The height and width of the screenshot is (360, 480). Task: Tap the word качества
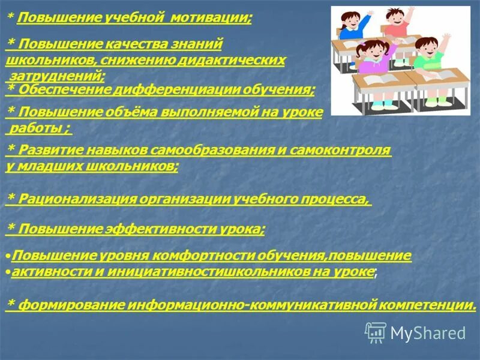(x=127, y=44)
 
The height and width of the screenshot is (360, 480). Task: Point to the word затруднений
(x=57, y=76)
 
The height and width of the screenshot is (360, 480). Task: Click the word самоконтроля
(x=340, y=150)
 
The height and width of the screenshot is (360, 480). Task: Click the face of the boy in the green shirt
(x=425, y=47)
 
